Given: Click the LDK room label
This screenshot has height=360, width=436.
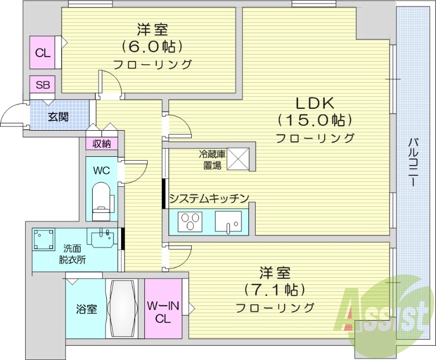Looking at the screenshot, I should (314, 102).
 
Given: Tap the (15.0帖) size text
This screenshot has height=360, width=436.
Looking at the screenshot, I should (314, 120).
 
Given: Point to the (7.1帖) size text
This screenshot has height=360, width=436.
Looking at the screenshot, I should (274, 289).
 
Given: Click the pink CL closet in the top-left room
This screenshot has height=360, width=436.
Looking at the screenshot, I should (44, 52).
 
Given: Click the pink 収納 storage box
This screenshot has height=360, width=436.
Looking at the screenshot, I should (101, 144).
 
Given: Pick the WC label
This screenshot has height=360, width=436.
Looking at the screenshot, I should (101, 170).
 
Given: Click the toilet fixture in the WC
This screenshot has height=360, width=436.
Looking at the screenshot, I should (102, 198).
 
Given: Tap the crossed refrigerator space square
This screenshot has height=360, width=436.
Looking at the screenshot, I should (238, 158).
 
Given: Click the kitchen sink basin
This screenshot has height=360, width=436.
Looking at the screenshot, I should (228, 222).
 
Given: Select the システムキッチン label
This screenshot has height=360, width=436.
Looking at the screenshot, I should (209, 198).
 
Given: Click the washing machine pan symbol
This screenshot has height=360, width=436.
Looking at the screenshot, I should (44, 240).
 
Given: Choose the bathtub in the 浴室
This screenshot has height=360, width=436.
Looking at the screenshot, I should (122, 309).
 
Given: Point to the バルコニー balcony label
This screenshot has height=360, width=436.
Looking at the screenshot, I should (414, 163).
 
